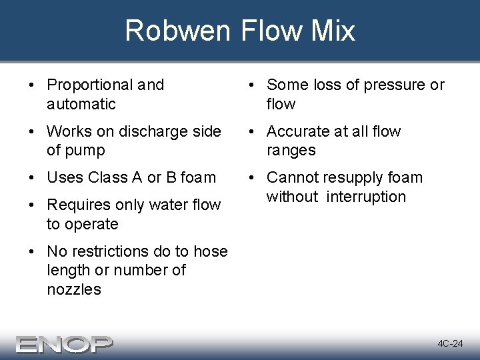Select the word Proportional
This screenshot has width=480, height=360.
pyautogui.click(x=90, y=85)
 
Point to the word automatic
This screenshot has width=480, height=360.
pyautogui.click(x=81, y=104)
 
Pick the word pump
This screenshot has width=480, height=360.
pyautogui.click(x=85, y=151)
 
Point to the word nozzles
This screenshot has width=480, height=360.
pyautogui.click(x=74, y=289)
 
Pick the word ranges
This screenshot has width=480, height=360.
pyautogui.click(x=291, y=151)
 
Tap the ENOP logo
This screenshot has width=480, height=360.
pyautogui.click(x=65, y=343)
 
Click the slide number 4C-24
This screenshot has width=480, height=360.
pyautogui.click(x=450, y=344)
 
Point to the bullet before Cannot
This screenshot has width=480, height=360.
pyautogui.click(x=253, y=178)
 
